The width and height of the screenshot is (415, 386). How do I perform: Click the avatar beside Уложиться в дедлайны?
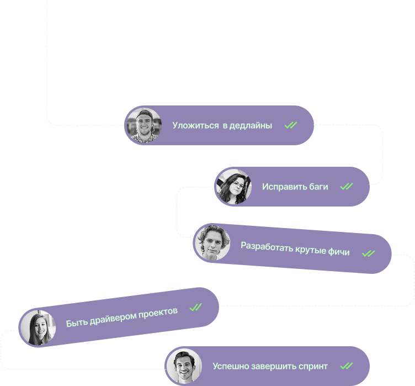pyautogui.click(x=143, y=125)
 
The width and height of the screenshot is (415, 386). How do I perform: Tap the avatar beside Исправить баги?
pyautogui.click(x=233, y=187)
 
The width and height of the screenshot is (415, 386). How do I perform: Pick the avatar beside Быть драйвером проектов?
pyautogui.click(x=38, y=327)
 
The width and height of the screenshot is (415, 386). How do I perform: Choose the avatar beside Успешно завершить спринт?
pyautogui.click(x=184, y=366)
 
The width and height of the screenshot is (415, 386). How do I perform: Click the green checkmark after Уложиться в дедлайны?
pyautogui.click(x=291, y=125)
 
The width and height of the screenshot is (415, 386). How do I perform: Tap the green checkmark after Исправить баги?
pyautogui.click(x=347, y=187)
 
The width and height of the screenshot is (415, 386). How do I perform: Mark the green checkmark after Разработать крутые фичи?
pyautogui.click(x=368, y=253)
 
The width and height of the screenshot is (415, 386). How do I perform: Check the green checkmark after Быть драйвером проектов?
pyautogui.click(x=195, y=307)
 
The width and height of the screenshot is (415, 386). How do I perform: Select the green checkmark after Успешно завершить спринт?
pyautogui.click(x=346, y=366)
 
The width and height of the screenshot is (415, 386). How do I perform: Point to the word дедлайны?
pyautogui.click(x=251, y=125)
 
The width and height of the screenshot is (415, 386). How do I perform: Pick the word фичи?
pyautogui.click(x=338, y=252)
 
